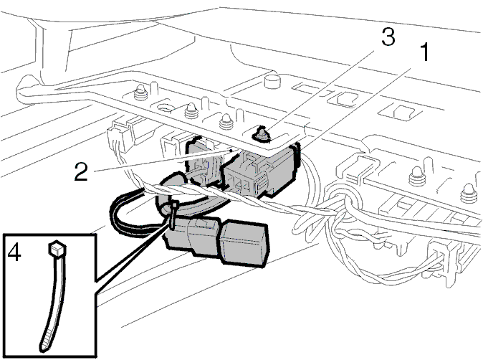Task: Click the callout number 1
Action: [x=425, y=52]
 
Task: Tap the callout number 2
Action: [x=81, y=171]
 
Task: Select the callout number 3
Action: [x=388, y=37]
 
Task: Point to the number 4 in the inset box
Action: [x=14, y=252]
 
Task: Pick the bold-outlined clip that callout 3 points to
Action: [x=262, y=134]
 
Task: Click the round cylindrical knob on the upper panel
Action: [x=272, y=81]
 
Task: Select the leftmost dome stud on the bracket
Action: [x=140, y=92]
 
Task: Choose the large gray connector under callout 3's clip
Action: [x=260, y=171]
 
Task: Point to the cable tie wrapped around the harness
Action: [x=173, y=214]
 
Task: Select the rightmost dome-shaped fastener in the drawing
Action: [x=468, y=193]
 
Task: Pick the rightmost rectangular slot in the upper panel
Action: [x=400, y=112]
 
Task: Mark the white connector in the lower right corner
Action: [x=444, y=259]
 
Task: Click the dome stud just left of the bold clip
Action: [x=226, y=122]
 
